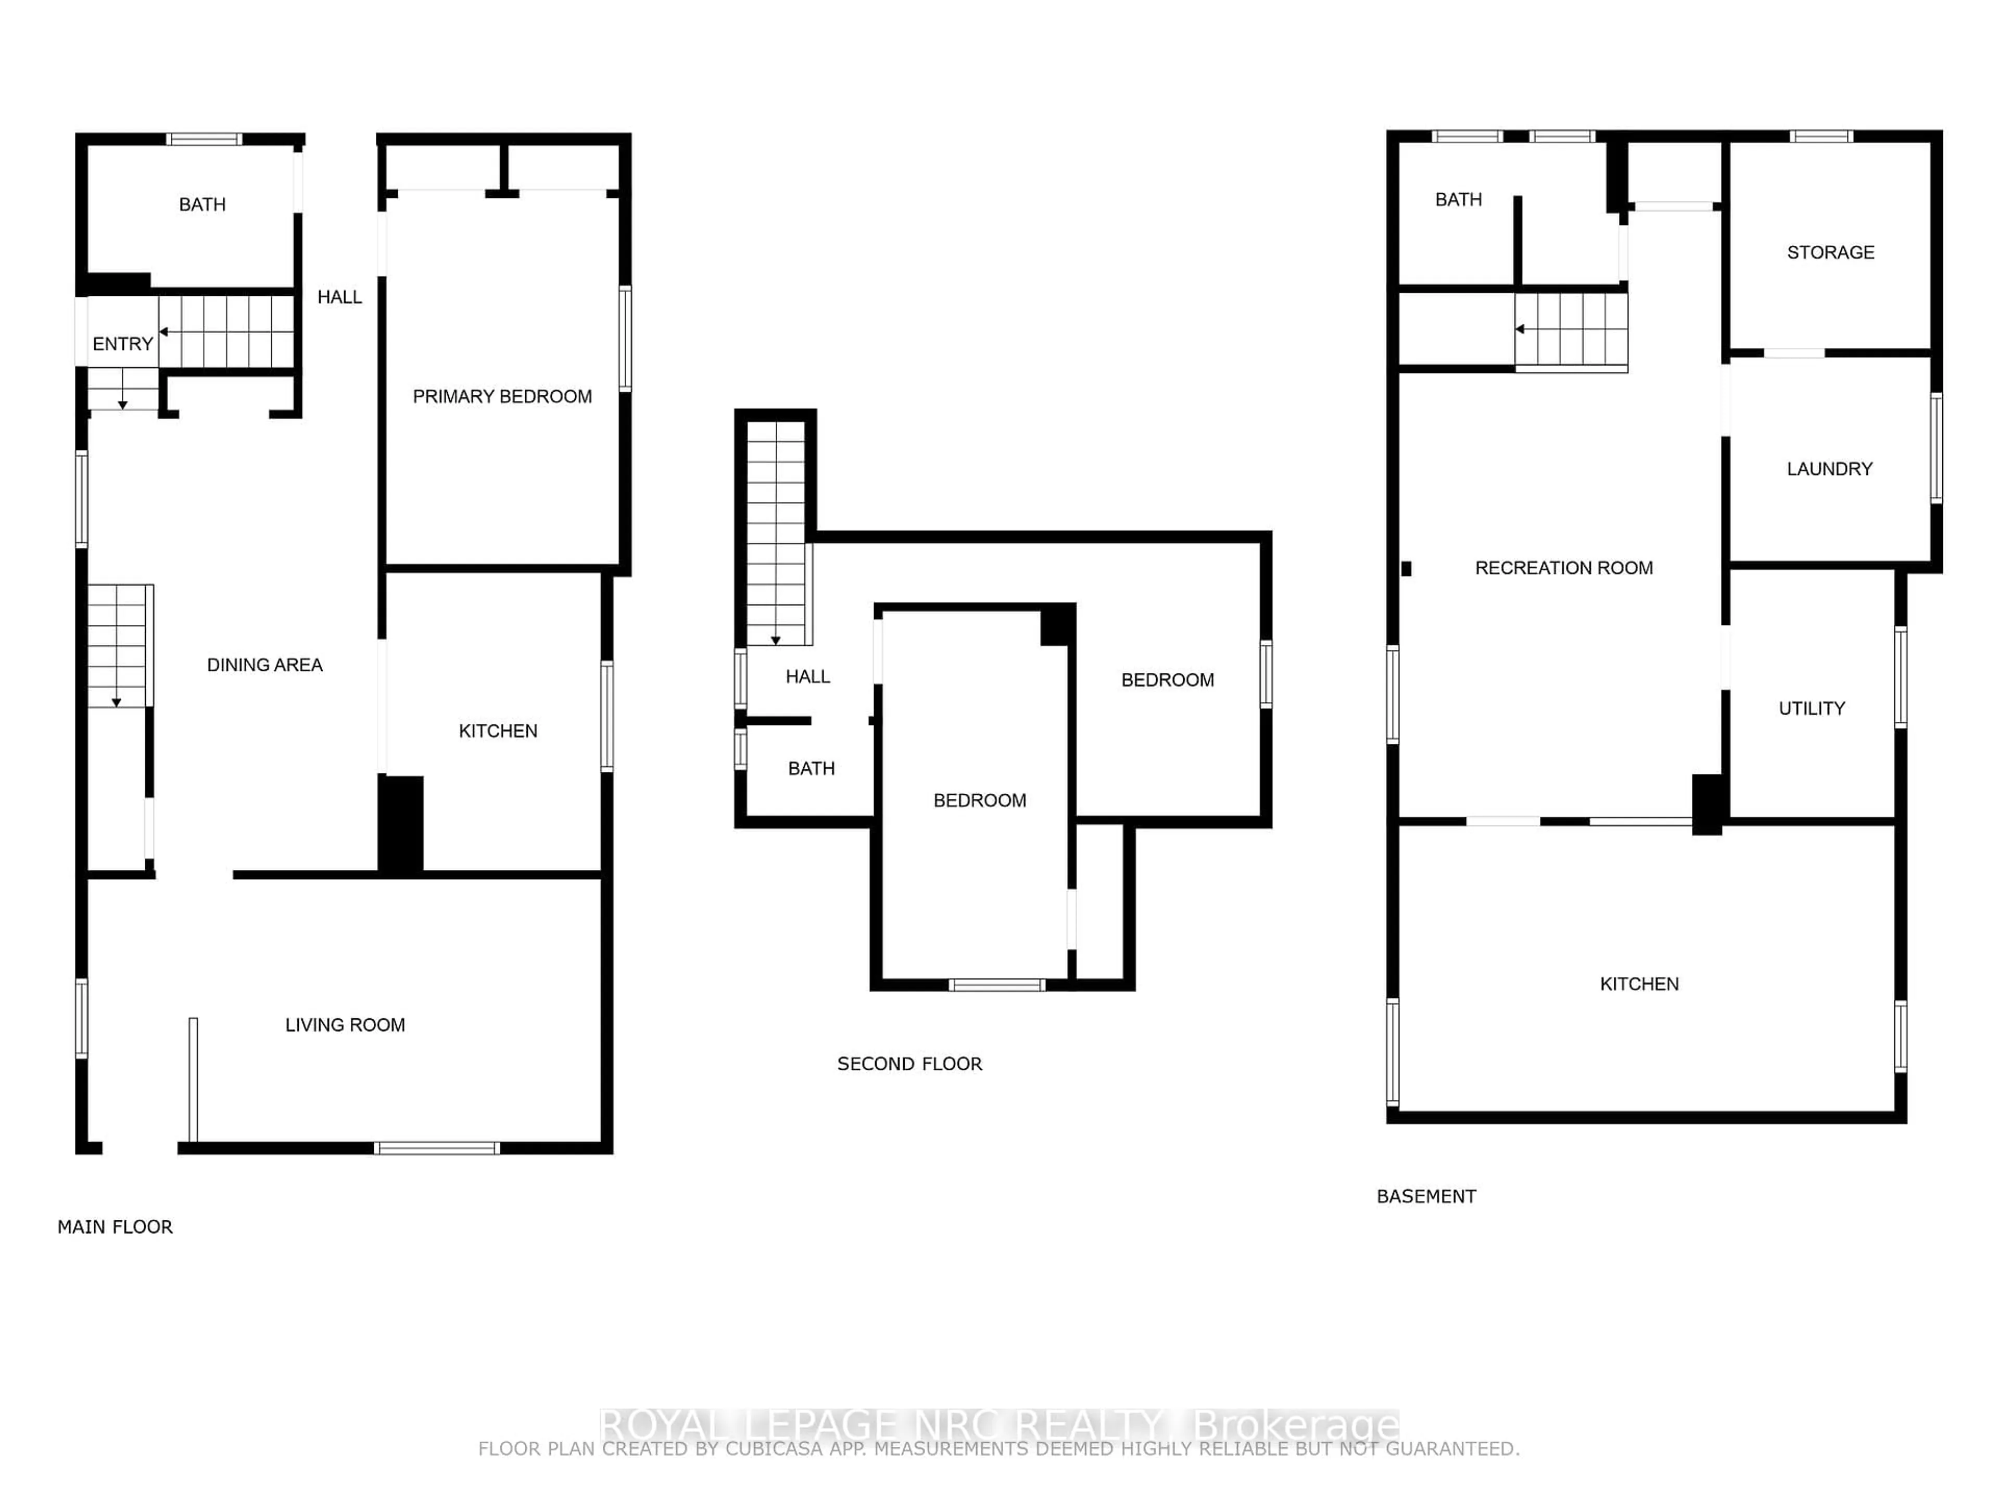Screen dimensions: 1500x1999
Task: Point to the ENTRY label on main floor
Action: pyautogui.click(x=122, y=344)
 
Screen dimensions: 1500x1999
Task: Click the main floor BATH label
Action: pyautogui.click(x=201, y=204)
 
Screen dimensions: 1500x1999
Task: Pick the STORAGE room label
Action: pyautogui.click(x=1830, y=252)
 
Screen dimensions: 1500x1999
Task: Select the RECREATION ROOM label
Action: pyautogui.click(x=1563, y=568)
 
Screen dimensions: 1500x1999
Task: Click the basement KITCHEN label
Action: pyautogui.click(x=1638, y=984)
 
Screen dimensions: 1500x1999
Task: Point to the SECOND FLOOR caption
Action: pyautogui.click(x=909, y=1064)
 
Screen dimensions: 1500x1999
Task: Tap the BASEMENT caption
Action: pyautogui.click(x=1426, y=1196)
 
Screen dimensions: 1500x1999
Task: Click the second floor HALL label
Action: pyautogui.click(x=807, y=677)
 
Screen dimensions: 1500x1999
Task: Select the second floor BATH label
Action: pyautogui.click(x=811, y=769)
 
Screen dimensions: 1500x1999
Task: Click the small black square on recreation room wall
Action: pyautogui.click(x=1406, y=569)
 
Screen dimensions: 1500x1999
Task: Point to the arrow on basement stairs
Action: pyautogui.click(x=1521, y=329)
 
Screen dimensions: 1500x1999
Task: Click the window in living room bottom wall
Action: pyautogui.click(x=436, y=1148)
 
